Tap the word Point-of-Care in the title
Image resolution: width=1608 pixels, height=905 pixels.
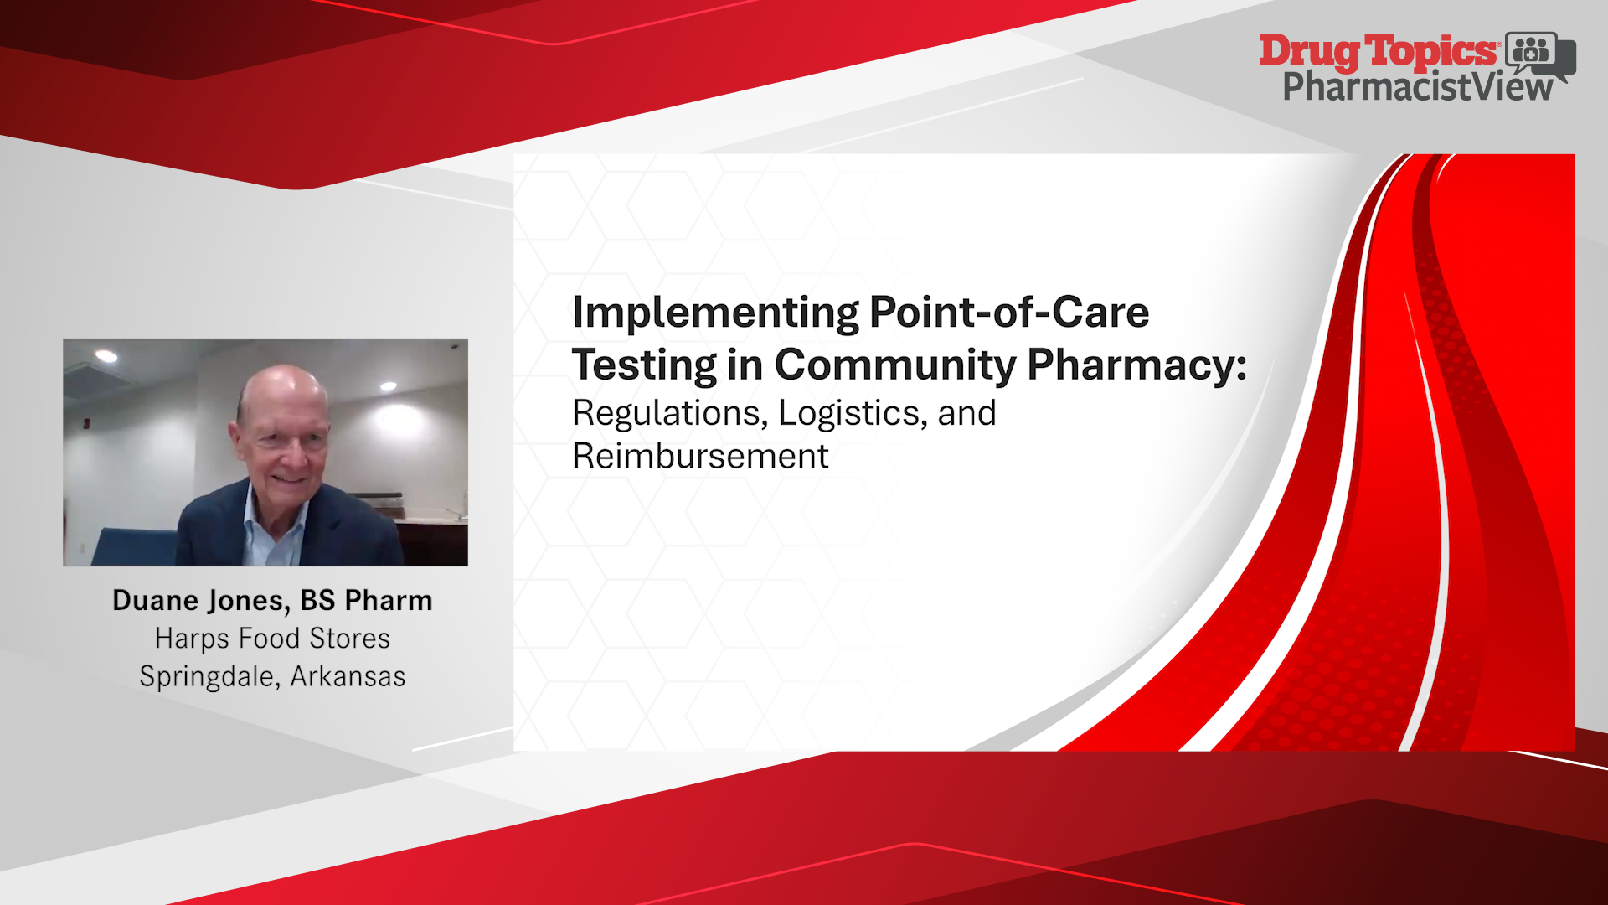click(x=1009, y=312)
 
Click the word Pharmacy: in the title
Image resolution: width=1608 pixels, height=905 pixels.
click(x=1137, y=365)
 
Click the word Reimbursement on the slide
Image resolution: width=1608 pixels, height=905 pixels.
click(x=700, y=457)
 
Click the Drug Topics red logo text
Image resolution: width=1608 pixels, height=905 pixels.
click(x=1379, y=52)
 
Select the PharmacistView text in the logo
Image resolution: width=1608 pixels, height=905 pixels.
click(x=1418, y=87)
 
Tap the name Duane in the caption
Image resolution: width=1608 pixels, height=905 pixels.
click(x=156, y=600)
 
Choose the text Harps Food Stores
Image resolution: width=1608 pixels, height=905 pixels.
click(x=272, y=639)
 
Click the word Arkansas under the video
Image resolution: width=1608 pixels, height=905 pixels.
click(x=348, y=676)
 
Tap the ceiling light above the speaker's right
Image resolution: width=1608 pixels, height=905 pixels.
click(x=389, y=386)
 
